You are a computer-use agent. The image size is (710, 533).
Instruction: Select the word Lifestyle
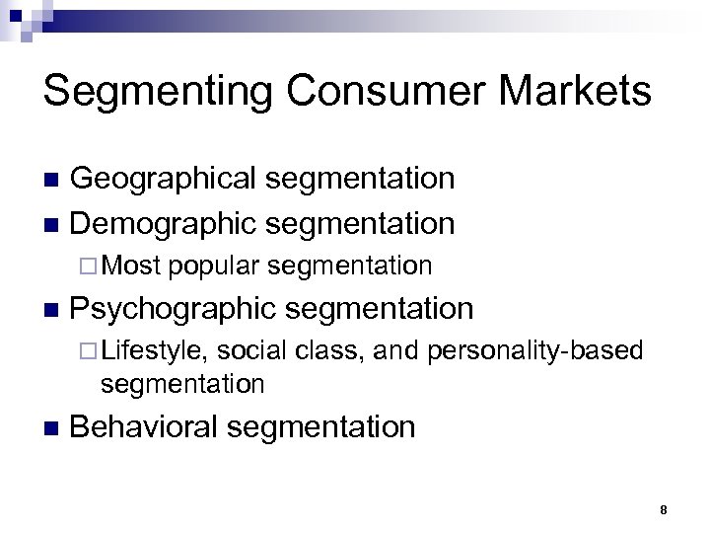[x=154, y=351]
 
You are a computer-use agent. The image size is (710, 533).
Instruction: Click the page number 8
[x=664, y=510]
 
